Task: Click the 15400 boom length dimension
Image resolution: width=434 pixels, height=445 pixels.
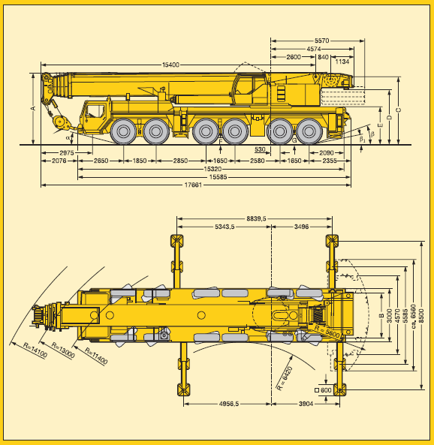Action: (x=170, y=65)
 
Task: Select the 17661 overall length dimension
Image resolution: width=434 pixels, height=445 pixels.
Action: (x=193, y=185)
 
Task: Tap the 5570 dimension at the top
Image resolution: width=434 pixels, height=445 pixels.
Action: (x=321, y=41)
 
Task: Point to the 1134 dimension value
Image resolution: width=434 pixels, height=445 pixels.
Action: (x=342, y=62)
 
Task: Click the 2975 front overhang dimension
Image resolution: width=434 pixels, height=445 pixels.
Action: (x=67, y=153)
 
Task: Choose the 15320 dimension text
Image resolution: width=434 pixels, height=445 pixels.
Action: (x=212, y=169)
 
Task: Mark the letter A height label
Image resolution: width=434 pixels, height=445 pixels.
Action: (x=33, y=108)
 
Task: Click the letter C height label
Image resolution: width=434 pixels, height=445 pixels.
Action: (x=399, y=110)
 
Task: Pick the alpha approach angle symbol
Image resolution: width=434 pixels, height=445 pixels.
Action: (x=68, y=137)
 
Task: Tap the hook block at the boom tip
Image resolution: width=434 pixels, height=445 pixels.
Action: (x=60, y=122)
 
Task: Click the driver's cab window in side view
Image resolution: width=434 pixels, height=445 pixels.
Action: (x=95, y=111)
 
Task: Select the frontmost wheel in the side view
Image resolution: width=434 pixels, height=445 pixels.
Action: (x=123, y=131)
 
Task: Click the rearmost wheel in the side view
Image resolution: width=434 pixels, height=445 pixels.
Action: (x=309, y=131)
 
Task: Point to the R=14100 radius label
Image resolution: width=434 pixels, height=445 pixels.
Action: (x=35, y=350)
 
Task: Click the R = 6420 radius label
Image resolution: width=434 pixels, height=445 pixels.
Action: (x=285, y=379)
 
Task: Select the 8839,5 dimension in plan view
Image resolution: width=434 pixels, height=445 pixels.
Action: (x=256, y=218)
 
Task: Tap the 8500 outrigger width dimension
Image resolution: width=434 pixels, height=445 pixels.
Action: (x=421, y=316)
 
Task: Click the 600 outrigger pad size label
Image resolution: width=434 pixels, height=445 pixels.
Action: (x=326, y=390)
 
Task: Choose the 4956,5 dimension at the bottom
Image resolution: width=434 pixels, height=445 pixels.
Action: (x=229, y=404)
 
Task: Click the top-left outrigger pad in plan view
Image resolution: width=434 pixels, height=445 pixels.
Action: (x=176, y=241)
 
